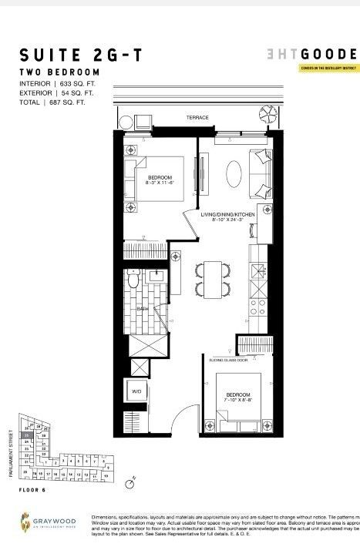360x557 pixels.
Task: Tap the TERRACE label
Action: coord(197,118)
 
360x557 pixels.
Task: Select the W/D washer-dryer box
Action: coord(137,391)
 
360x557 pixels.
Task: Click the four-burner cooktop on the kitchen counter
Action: coord(257,270)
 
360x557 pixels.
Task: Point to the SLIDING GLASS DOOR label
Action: coord(227,360)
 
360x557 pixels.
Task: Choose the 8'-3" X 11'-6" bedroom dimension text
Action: coord(160,183)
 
